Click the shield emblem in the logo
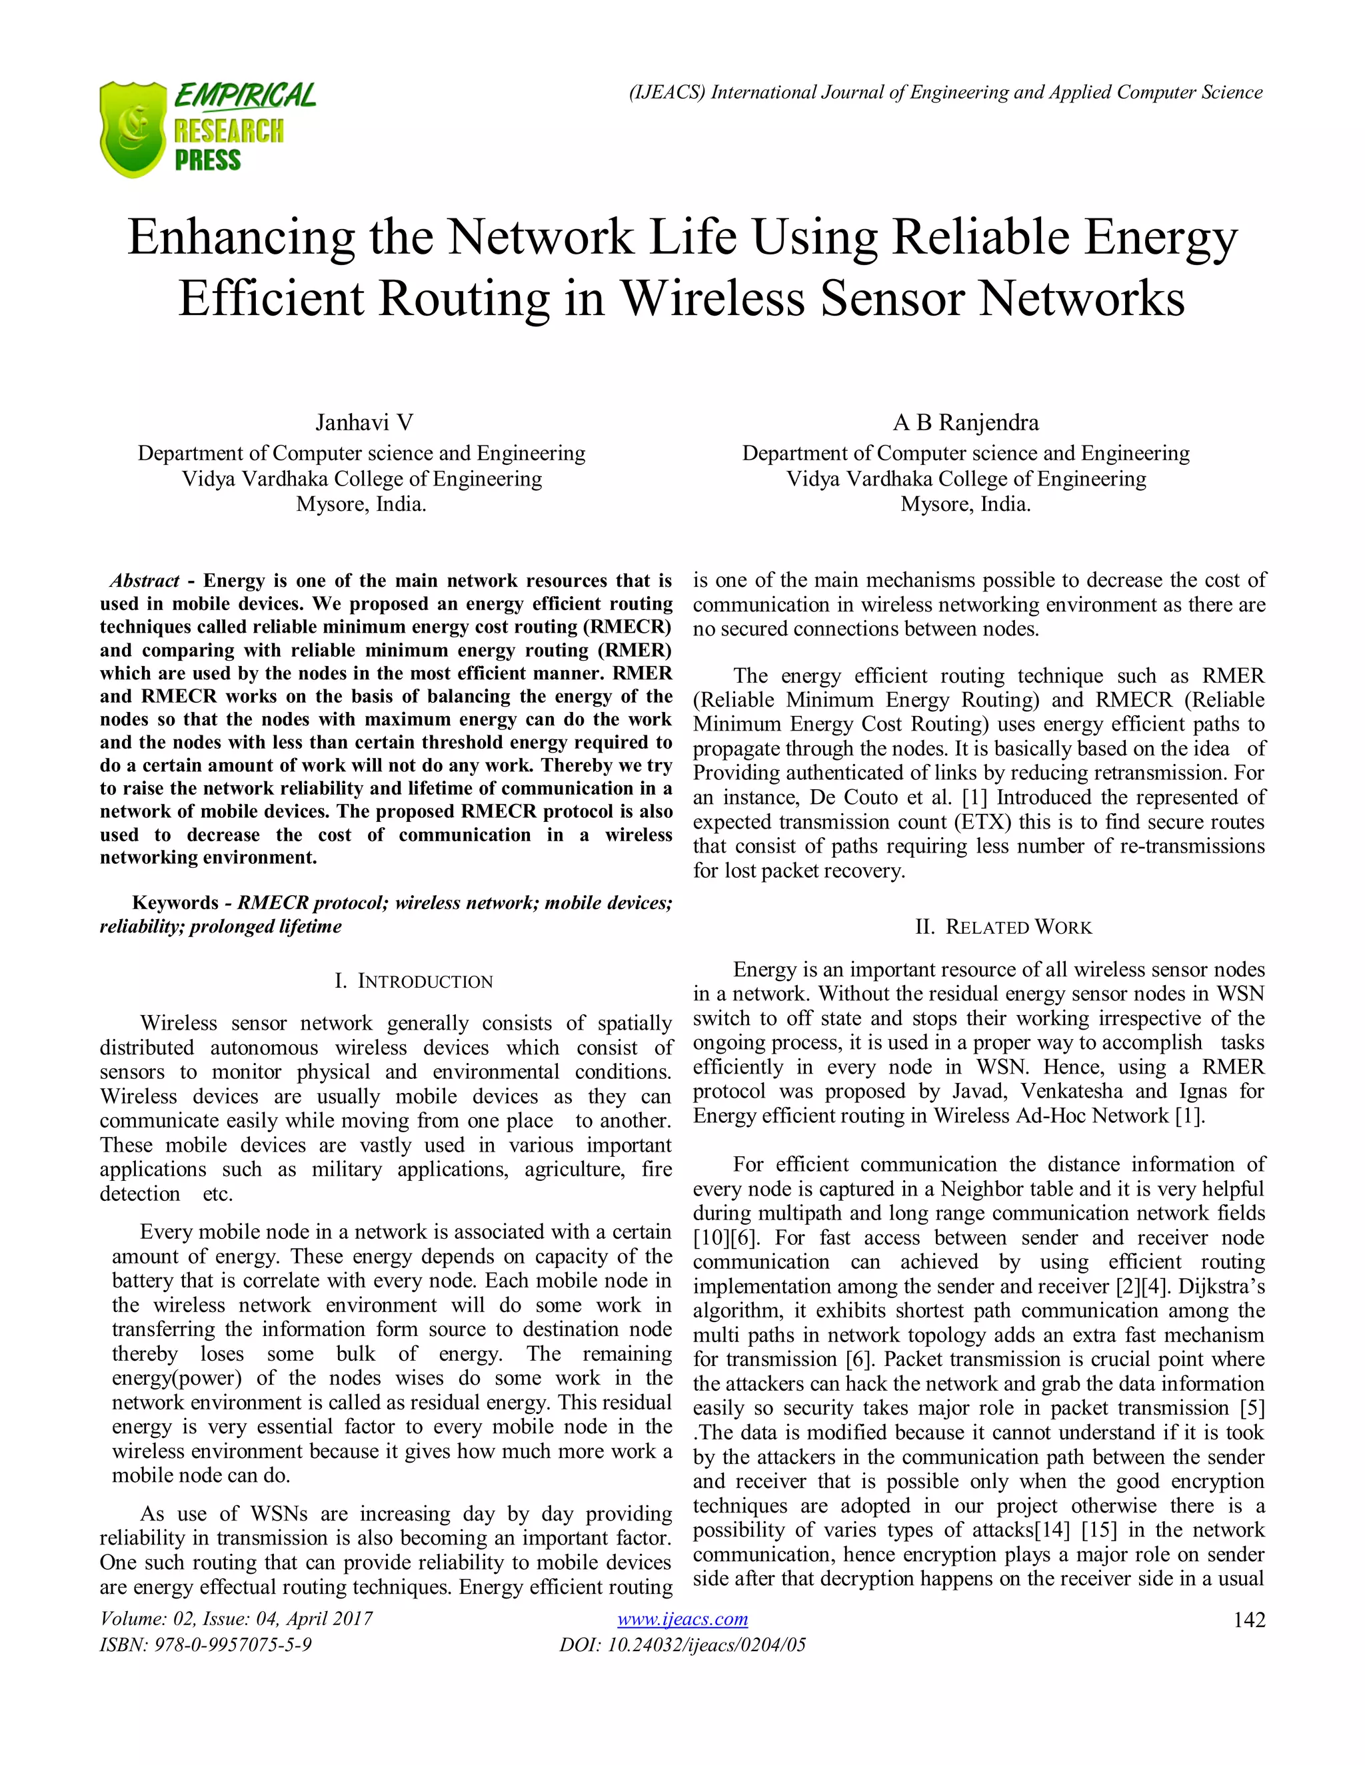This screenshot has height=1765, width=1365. pos(133,129)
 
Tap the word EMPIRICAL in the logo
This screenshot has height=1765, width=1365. pos(245,96)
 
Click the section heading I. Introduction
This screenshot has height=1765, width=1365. pos(413,981)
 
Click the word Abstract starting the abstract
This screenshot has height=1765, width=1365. pos(145,581)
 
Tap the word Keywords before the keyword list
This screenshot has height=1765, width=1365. pos(175,902)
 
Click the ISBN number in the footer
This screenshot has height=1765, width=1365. pos(205,1644)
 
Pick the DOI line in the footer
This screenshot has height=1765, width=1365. pos(682,1644)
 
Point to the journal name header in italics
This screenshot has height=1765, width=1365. pos(945,92)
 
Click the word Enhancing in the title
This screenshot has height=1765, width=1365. pos(241,238)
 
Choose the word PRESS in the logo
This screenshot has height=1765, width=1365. pos(208,160)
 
